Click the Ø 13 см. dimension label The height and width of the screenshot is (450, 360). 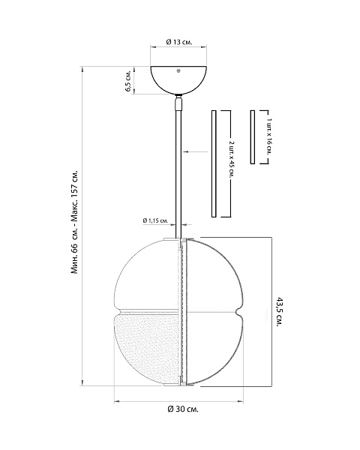[x=179, y=42]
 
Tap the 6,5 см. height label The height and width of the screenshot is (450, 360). [x=128, y=81]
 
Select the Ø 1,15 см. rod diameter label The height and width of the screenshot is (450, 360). [x=155, y=220]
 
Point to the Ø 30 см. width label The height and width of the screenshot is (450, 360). [x=183, y=409]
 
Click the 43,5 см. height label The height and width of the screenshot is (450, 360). [x=279, y=311]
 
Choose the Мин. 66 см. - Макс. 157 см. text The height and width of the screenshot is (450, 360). [x=74, y=223]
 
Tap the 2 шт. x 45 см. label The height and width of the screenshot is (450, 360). [x=232, y=159]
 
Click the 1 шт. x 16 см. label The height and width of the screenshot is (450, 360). [x=268, y=136]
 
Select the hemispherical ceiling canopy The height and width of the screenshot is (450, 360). [x=178, y=80]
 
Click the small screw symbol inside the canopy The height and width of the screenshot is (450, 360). [x=178, y=70]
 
